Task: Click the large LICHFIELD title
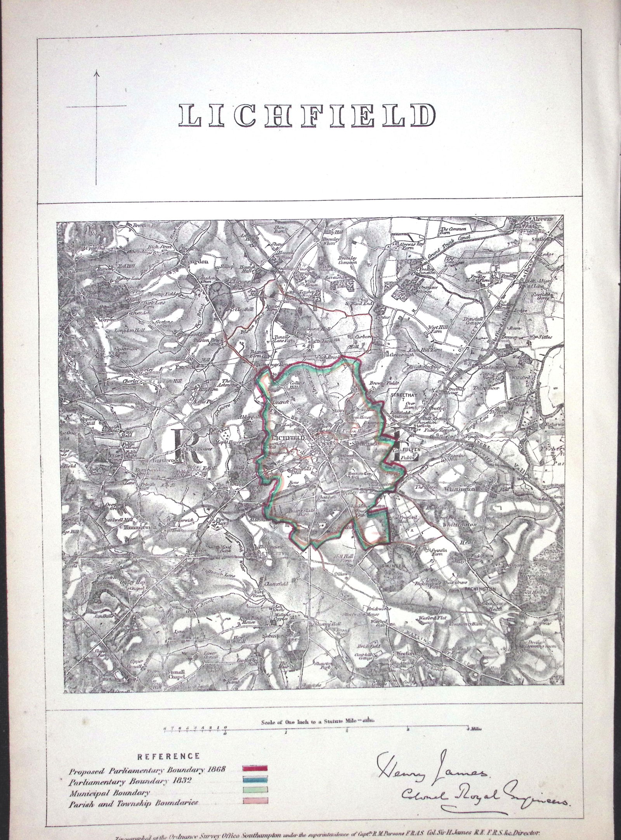pyautogui.click(x=307, y=115)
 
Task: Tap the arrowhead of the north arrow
pyautogui.click(x=97, y=73)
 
